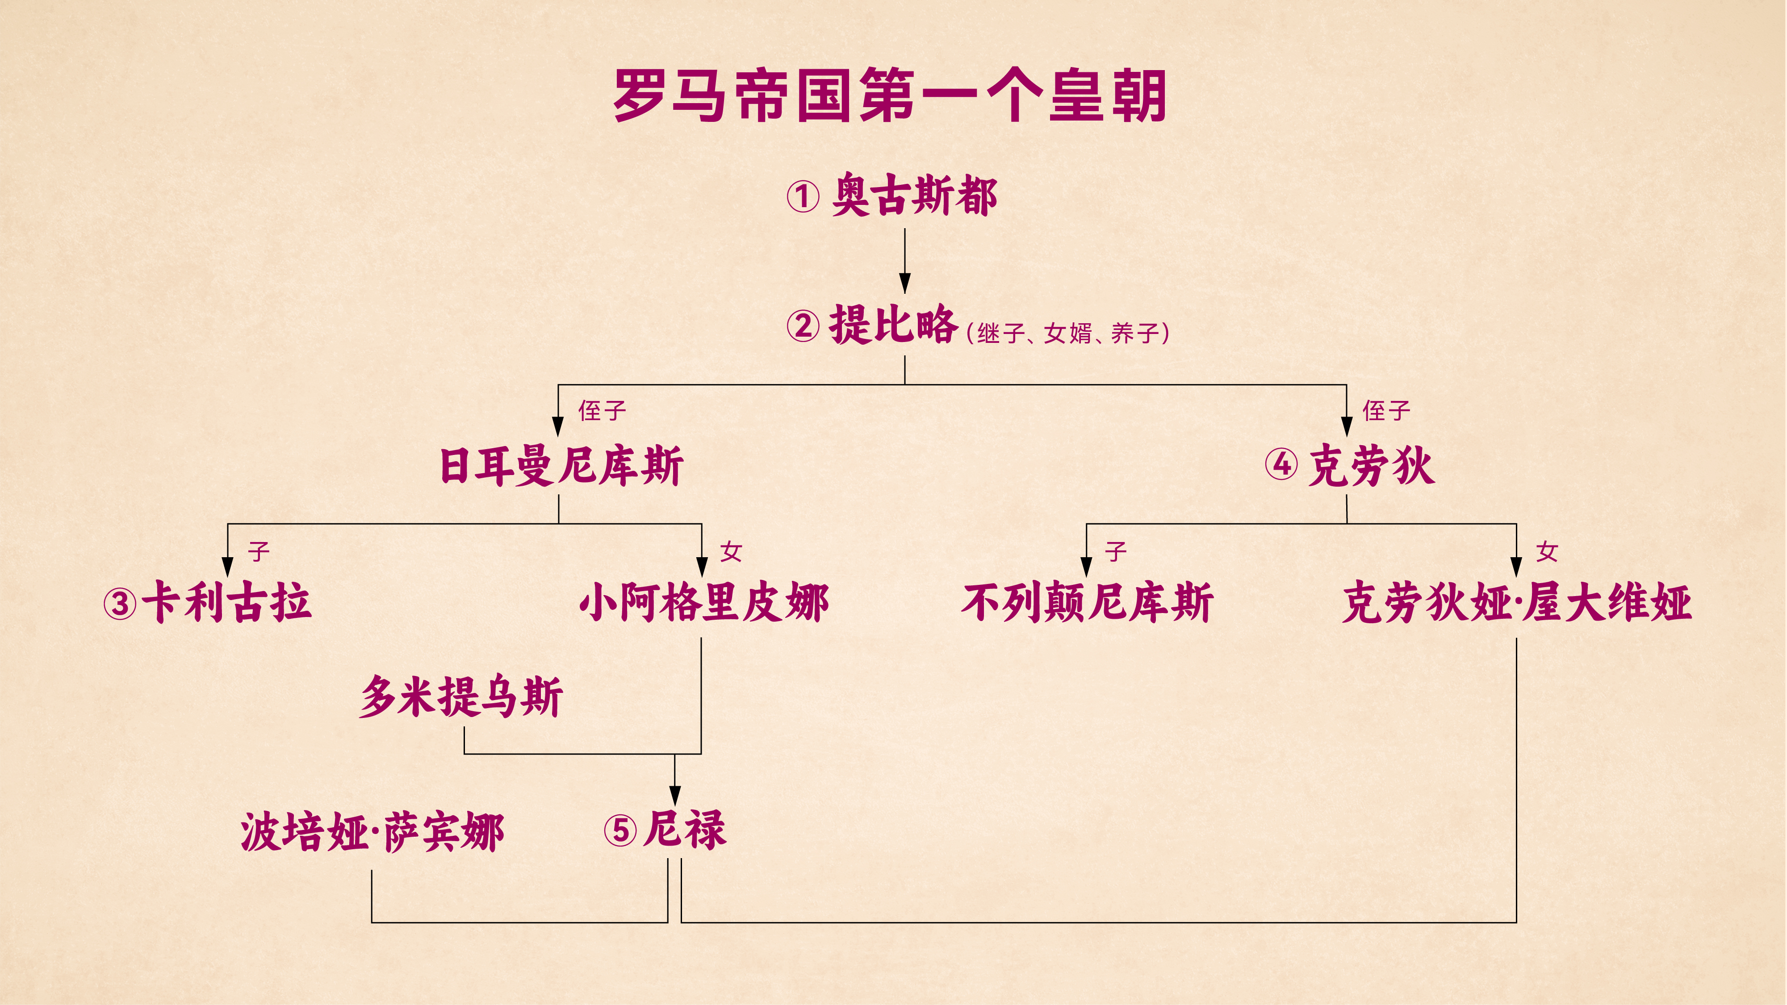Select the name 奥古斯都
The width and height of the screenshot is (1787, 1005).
coord(914,195)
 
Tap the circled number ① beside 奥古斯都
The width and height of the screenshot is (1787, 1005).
coord(803,196)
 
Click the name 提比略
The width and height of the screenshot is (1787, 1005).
coord(893,325)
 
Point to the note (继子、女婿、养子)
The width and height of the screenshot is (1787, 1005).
coord(1067,334)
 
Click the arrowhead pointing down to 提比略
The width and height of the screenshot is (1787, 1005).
coord(904,284)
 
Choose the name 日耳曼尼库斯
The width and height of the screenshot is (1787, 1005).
coord(561,466)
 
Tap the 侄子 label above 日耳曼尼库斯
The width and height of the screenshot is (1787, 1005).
coord(602,411)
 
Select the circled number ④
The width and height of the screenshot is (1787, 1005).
coord(1281,465)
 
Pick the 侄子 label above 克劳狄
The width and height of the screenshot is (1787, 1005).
coord(1386,411)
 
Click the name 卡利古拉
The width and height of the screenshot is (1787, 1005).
coord(227,602)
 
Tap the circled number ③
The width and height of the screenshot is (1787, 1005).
coord(120,604)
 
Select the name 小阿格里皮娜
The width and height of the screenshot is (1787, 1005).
coord(704,602)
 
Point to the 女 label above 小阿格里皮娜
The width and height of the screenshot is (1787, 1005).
coord(731,552)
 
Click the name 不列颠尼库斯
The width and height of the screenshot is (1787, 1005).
coord(1087,602)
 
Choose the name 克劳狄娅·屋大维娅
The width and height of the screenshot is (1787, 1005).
coord(1516,602)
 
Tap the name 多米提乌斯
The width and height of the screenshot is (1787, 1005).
coord(461,696)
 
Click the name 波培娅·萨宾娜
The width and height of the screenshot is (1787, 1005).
coord(372,832)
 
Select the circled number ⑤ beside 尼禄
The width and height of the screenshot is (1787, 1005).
coord(620,830)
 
